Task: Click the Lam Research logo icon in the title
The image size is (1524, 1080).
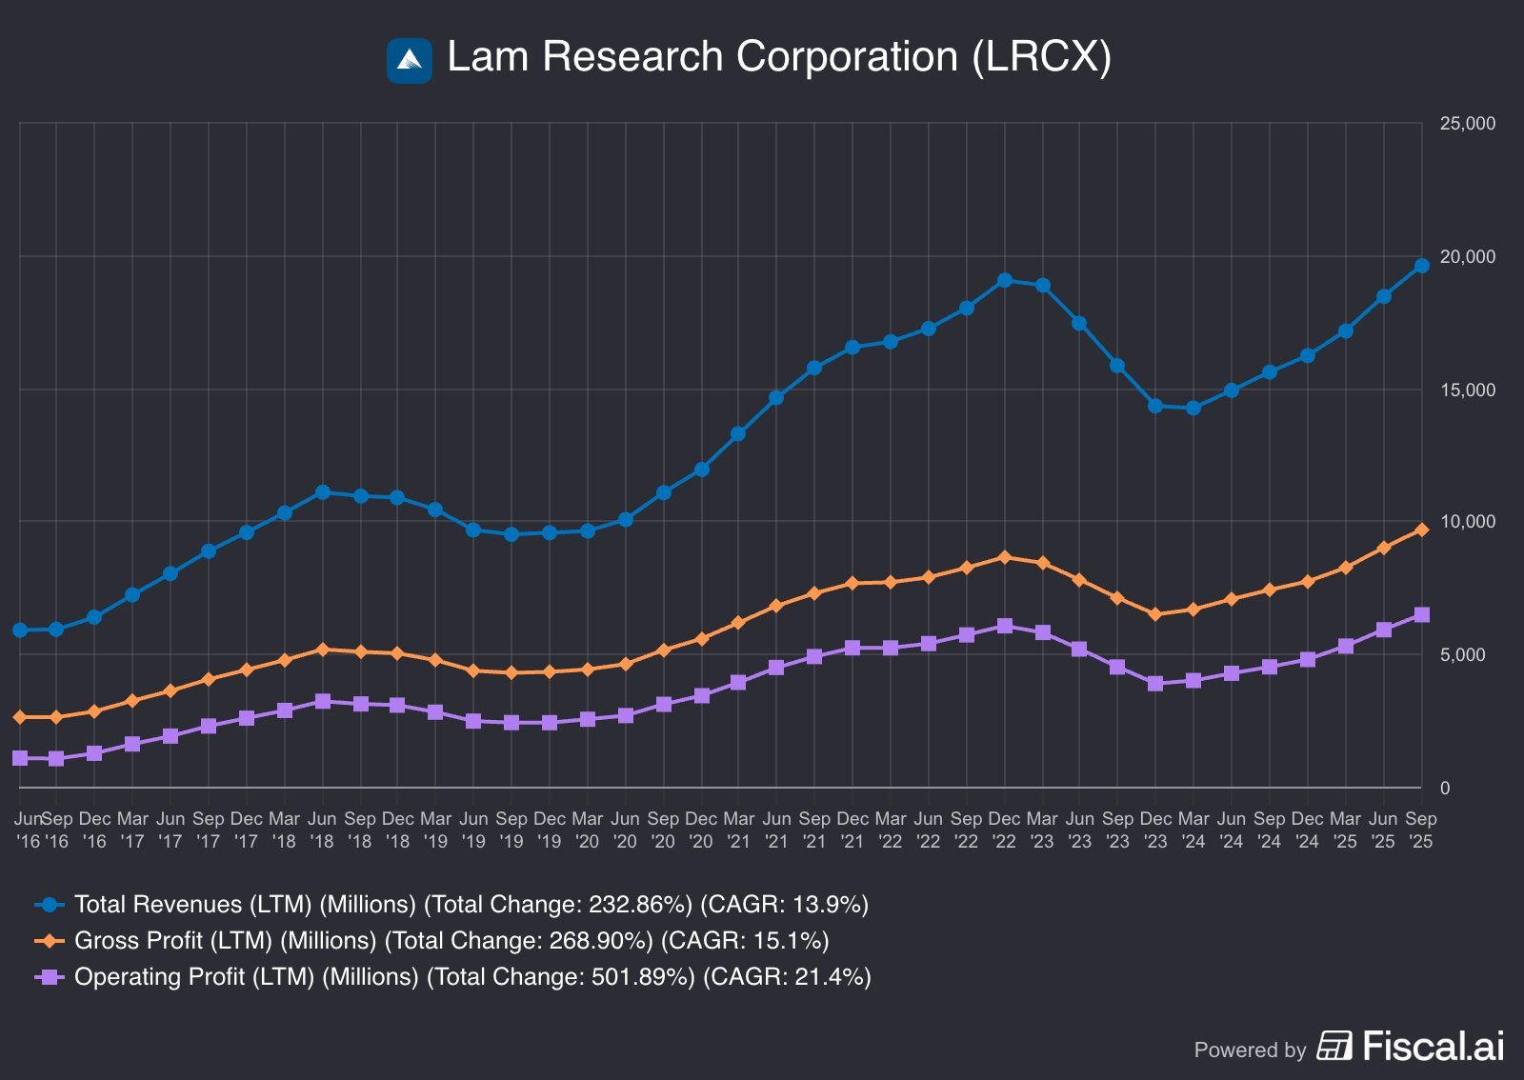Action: click(x=409, y=60)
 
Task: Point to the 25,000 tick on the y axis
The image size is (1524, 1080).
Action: click(x=1468, y=124)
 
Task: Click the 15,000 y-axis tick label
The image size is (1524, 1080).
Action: click(x=1468, y=390)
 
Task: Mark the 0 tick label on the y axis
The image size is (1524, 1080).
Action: click(x=1445, y=788)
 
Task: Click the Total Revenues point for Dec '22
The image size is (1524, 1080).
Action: click(x=1004, y=280)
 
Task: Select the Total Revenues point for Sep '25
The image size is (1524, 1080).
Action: click(x=1421, y=266)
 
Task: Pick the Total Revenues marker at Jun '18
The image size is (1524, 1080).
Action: click(x=322, y=491)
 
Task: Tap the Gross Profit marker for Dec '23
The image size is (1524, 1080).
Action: click(x=1155, y=615)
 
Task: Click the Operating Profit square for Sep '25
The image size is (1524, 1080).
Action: click(x=1421, y=615)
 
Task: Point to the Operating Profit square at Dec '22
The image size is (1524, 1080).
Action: click(x=1004, y=626)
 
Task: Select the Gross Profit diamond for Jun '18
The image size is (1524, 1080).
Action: click(x=322, y=650)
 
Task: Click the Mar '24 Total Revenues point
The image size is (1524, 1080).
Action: click(x=1193, y=408)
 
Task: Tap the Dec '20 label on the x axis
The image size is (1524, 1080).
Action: click(x=701, y=830)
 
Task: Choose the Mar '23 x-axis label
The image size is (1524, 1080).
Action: click(x=1042, y=830)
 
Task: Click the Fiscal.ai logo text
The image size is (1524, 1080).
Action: click(x=1434, y=1047)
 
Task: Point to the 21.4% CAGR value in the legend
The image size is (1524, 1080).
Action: click(x=833, y=976)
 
